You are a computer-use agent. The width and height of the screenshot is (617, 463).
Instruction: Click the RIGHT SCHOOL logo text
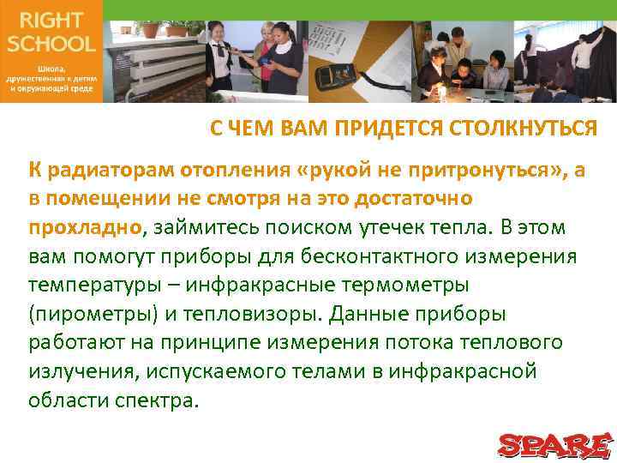(x=51, y=31)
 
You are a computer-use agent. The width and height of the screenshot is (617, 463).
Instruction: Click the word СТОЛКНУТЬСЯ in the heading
(x=527, y=129)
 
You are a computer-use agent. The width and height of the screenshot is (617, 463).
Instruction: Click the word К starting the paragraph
(x=33, y=170)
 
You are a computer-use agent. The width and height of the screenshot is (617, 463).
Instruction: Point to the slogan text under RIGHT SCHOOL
(x=51, y=77)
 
